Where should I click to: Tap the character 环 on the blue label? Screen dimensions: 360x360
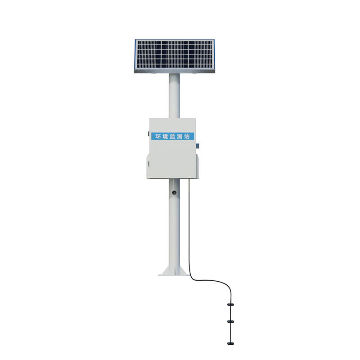click(x=158, y=136)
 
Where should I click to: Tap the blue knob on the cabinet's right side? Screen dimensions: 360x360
click(x=197, y=145)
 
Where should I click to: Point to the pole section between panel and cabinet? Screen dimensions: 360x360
click(x=174, y=97)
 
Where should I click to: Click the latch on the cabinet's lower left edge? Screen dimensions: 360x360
click(x=148, y=163)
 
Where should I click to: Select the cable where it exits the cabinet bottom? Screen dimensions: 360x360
click(x=189, y=181)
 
